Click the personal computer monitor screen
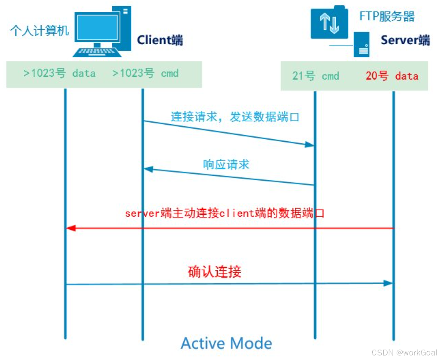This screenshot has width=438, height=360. coord(97,27)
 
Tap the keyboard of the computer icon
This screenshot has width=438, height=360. coord(97,52)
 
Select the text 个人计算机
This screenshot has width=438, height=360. coord(39,31)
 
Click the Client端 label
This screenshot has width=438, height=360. coord(160,40)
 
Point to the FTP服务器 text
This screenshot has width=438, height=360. coord(387,16)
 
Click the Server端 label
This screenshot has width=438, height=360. coord(405,40)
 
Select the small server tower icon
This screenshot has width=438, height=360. coord(362,45)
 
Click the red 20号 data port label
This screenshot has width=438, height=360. coord(392,76)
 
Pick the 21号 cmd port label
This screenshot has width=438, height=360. coord(315,76)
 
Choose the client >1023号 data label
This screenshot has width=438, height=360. coord(59,73)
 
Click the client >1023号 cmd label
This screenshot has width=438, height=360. coord(145,73)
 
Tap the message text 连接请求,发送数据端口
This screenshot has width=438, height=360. coord(235,117)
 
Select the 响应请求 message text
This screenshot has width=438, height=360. coord(226,165)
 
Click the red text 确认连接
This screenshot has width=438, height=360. coord(215,272)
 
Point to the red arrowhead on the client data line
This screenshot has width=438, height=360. coord(70,228)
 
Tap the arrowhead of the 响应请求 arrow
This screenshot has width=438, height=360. coord(149,169)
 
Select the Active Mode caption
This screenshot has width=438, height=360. coord(227,343)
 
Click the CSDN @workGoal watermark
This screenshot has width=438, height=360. coord(404,353)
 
